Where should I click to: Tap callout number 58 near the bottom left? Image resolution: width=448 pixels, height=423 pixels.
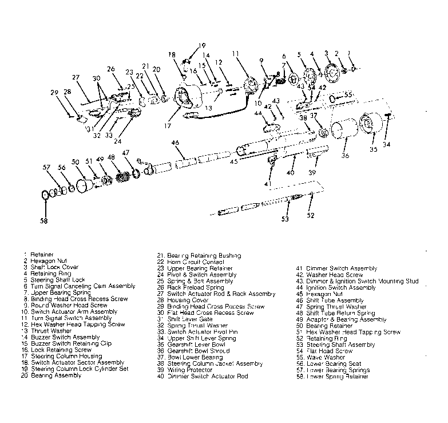tap(44, 220)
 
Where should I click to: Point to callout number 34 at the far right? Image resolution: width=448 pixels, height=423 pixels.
tap(387, 144)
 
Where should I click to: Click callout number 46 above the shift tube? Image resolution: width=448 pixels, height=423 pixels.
tap(175, 142)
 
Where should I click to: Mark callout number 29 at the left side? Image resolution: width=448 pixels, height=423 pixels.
tap(54, 92)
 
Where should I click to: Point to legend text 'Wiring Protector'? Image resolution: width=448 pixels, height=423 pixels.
tap(189, 370)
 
